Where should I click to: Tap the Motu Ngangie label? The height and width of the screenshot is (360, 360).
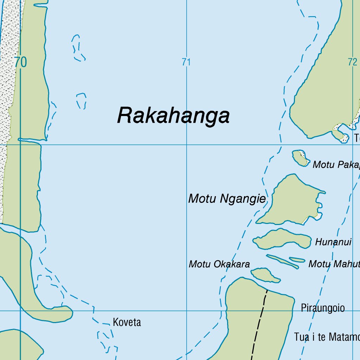click(x=227, y=199)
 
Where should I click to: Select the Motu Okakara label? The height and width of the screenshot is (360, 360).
click(x=219, y=264)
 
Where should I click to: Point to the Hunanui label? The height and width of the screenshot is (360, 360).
click(x=333, y=242)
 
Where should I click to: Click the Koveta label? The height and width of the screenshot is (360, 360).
click(x=127, y=322)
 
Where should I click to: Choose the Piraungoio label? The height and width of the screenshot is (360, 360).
click(x=322, y=308)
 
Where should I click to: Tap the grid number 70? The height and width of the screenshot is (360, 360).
click(x=21, y=62)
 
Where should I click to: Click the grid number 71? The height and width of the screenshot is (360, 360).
click(x=186, y=62)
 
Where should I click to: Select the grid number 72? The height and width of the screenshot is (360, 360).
click(x=352, y=62)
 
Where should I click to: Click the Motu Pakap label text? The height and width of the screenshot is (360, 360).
click(x=336, y=165)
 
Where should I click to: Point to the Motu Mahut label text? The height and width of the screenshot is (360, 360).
click(x=334, y=264)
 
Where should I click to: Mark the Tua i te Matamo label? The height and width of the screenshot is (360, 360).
click(x=327, y=337)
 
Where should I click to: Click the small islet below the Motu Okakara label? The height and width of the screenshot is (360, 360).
click(x=265, y=275)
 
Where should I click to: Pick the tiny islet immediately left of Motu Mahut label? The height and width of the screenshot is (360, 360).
click(x=297, y=260)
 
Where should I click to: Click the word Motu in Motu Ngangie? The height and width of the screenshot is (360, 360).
click(x=202, y=199)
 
